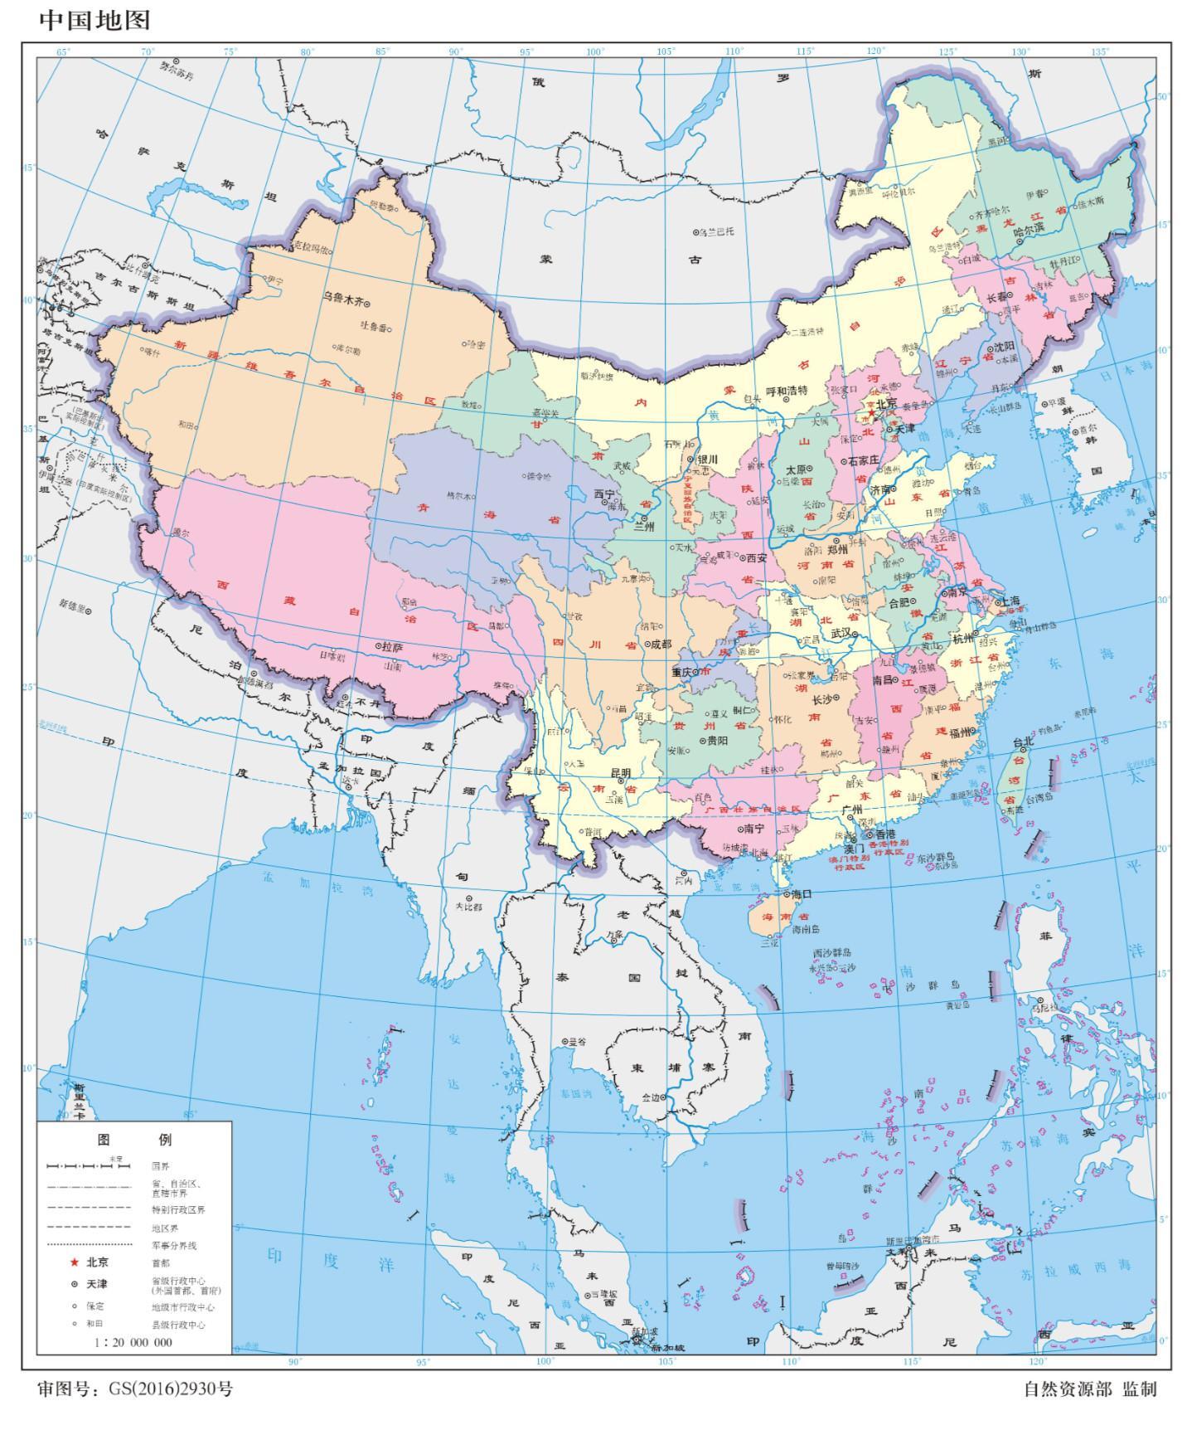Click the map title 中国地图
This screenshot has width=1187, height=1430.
[x=94, y=19]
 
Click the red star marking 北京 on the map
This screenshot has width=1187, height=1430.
[x=871, y=412]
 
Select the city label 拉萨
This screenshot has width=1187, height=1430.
[x=391, y=646]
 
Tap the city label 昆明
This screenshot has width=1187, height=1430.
[x=621, y=773]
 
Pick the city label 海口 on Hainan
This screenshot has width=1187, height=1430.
[x=801, y=894]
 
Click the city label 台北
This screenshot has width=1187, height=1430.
[x=1023, y=742]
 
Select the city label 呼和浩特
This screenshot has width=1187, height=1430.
[x=787, y=390]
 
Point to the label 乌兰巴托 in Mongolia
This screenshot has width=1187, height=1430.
[x=716, y=231]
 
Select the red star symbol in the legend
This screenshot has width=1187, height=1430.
[x=75, y=1262]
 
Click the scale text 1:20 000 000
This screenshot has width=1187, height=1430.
[x=133, y=1342]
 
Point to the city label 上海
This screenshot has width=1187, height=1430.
[x=1010, y=601]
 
